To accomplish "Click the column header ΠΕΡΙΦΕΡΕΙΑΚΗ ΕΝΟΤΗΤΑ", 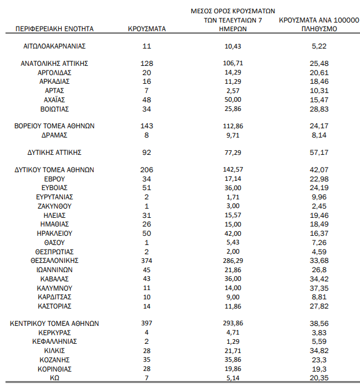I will pos(55,28).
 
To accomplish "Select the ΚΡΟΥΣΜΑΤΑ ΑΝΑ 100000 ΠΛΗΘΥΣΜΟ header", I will pos(315,24).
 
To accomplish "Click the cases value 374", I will pos(146,260).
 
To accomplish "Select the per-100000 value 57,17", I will pos(315,153).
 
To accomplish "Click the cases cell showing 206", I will pos(146,170).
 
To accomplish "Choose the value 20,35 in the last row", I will pos(315,378).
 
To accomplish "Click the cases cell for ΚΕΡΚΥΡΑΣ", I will pos(146,332).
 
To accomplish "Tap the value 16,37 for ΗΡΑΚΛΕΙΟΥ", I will pos(315,233).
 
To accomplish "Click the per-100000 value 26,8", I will pos(315,269).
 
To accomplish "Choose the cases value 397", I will pos(146,324).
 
